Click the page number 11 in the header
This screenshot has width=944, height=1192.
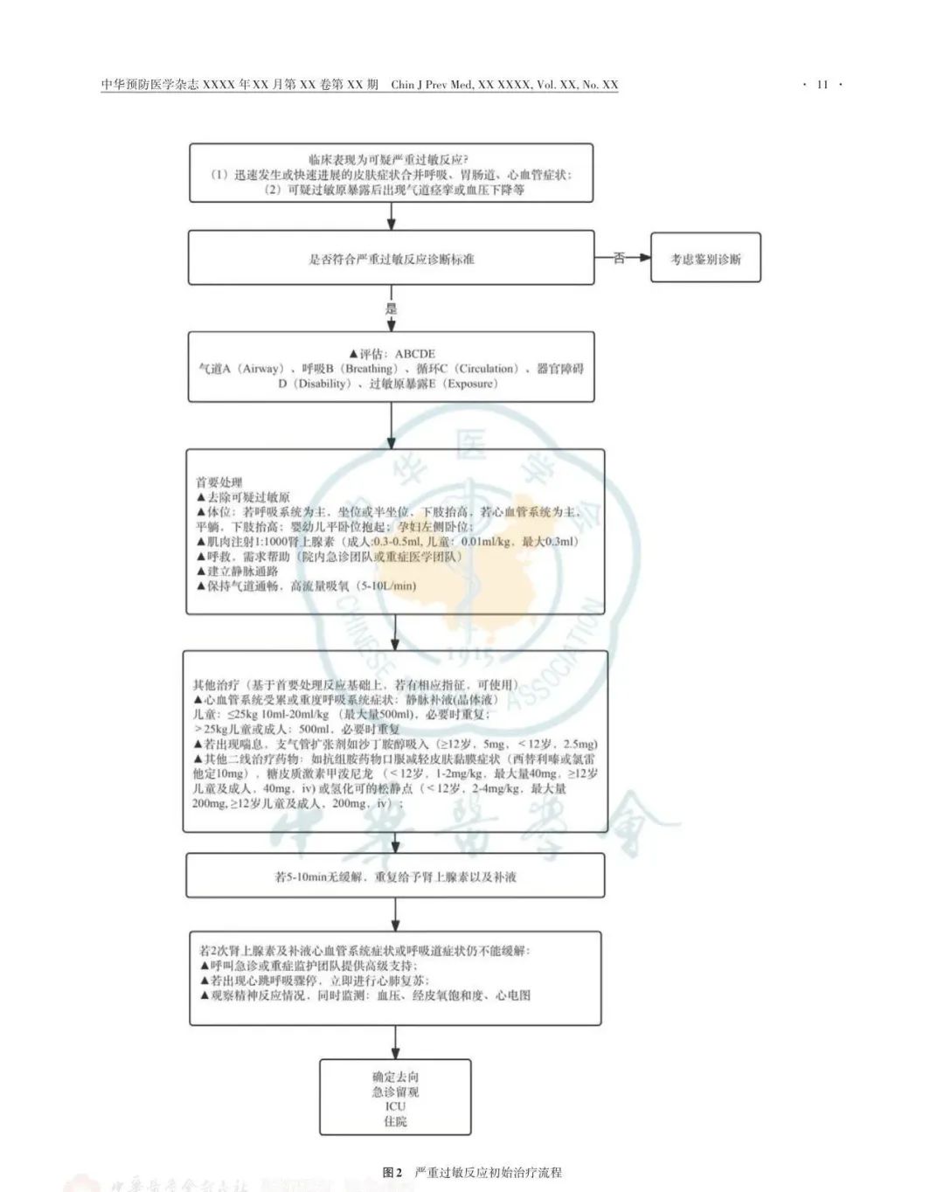coord(822,85)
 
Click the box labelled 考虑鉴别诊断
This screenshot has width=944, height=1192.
coord(705,259)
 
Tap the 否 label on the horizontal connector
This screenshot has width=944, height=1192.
coord(619,258)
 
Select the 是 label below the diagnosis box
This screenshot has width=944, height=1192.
coord(391,308)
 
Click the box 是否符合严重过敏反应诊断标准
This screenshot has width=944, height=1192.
coord(391,259)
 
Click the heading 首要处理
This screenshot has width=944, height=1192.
coord(219,482)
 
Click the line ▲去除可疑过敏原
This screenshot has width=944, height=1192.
coord(243,496)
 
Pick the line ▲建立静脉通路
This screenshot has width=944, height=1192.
coord(237,571)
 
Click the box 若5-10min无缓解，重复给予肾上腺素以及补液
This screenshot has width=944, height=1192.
coord(395,876)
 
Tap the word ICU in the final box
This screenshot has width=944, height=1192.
coord(395,1106)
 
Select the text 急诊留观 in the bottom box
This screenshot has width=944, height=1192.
coord(395,1092)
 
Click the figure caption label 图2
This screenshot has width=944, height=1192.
coord(392,1173)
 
